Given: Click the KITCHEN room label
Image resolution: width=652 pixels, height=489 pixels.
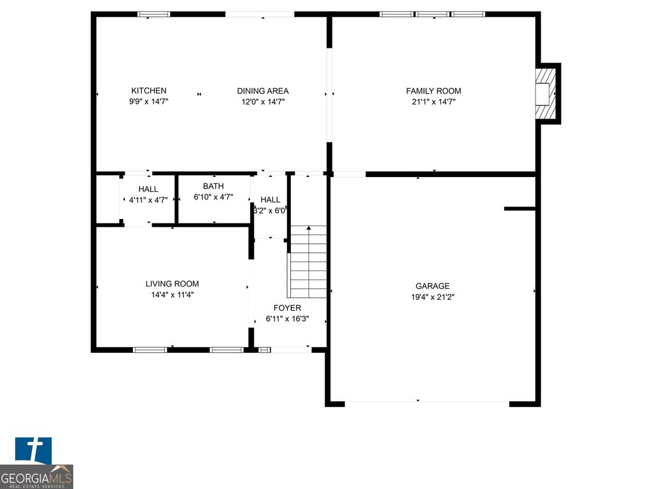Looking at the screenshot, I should tap(149, 91).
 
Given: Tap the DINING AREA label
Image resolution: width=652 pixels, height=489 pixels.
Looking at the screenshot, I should tap(263, 91).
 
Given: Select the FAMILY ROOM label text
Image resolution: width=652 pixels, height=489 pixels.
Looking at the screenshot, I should tap(434, 91).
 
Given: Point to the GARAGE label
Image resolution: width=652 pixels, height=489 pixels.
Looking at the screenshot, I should tap(432, 286).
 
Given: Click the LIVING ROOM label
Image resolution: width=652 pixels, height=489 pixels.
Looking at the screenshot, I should tap(172, 284).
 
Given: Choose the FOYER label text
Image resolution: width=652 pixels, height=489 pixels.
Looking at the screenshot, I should tap(287, 308).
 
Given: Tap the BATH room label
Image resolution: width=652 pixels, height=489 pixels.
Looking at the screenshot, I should tap(213, 187).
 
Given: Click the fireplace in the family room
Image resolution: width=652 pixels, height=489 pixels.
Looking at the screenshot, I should tap(545, 94).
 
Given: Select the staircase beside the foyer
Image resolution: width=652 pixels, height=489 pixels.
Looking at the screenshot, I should tap(308, 262).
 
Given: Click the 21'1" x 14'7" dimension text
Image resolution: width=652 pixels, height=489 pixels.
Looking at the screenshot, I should tap(434, 102).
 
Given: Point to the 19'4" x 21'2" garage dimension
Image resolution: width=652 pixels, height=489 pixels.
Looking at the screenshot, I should tap(432, 297).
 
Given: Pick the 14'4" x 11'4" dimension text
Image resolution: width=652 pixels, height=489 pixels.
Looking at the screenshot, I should tap(172, 295).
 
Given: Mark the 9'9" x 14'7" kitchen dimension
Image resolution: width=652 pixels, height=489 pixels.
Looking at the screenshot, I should tap(149, 102).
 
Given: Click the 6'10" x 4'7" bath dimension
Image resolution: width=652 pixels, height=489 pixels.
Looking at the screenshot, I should tap(213, 197).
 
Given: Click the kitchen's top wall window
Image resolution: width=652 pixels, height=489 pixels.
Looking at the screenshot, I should tap(154, 14).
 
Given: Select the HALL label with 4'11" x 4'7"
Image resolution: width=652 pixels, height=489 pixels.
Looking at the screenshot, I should tap(148, 189).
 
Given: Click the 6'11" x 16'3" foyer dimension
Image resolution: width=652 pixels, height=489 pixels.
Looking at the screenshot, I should tap(287, 319).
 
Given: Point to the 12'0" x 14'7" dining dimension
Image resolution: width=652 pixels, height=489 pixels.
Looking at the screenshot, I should tap(263, 102).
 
